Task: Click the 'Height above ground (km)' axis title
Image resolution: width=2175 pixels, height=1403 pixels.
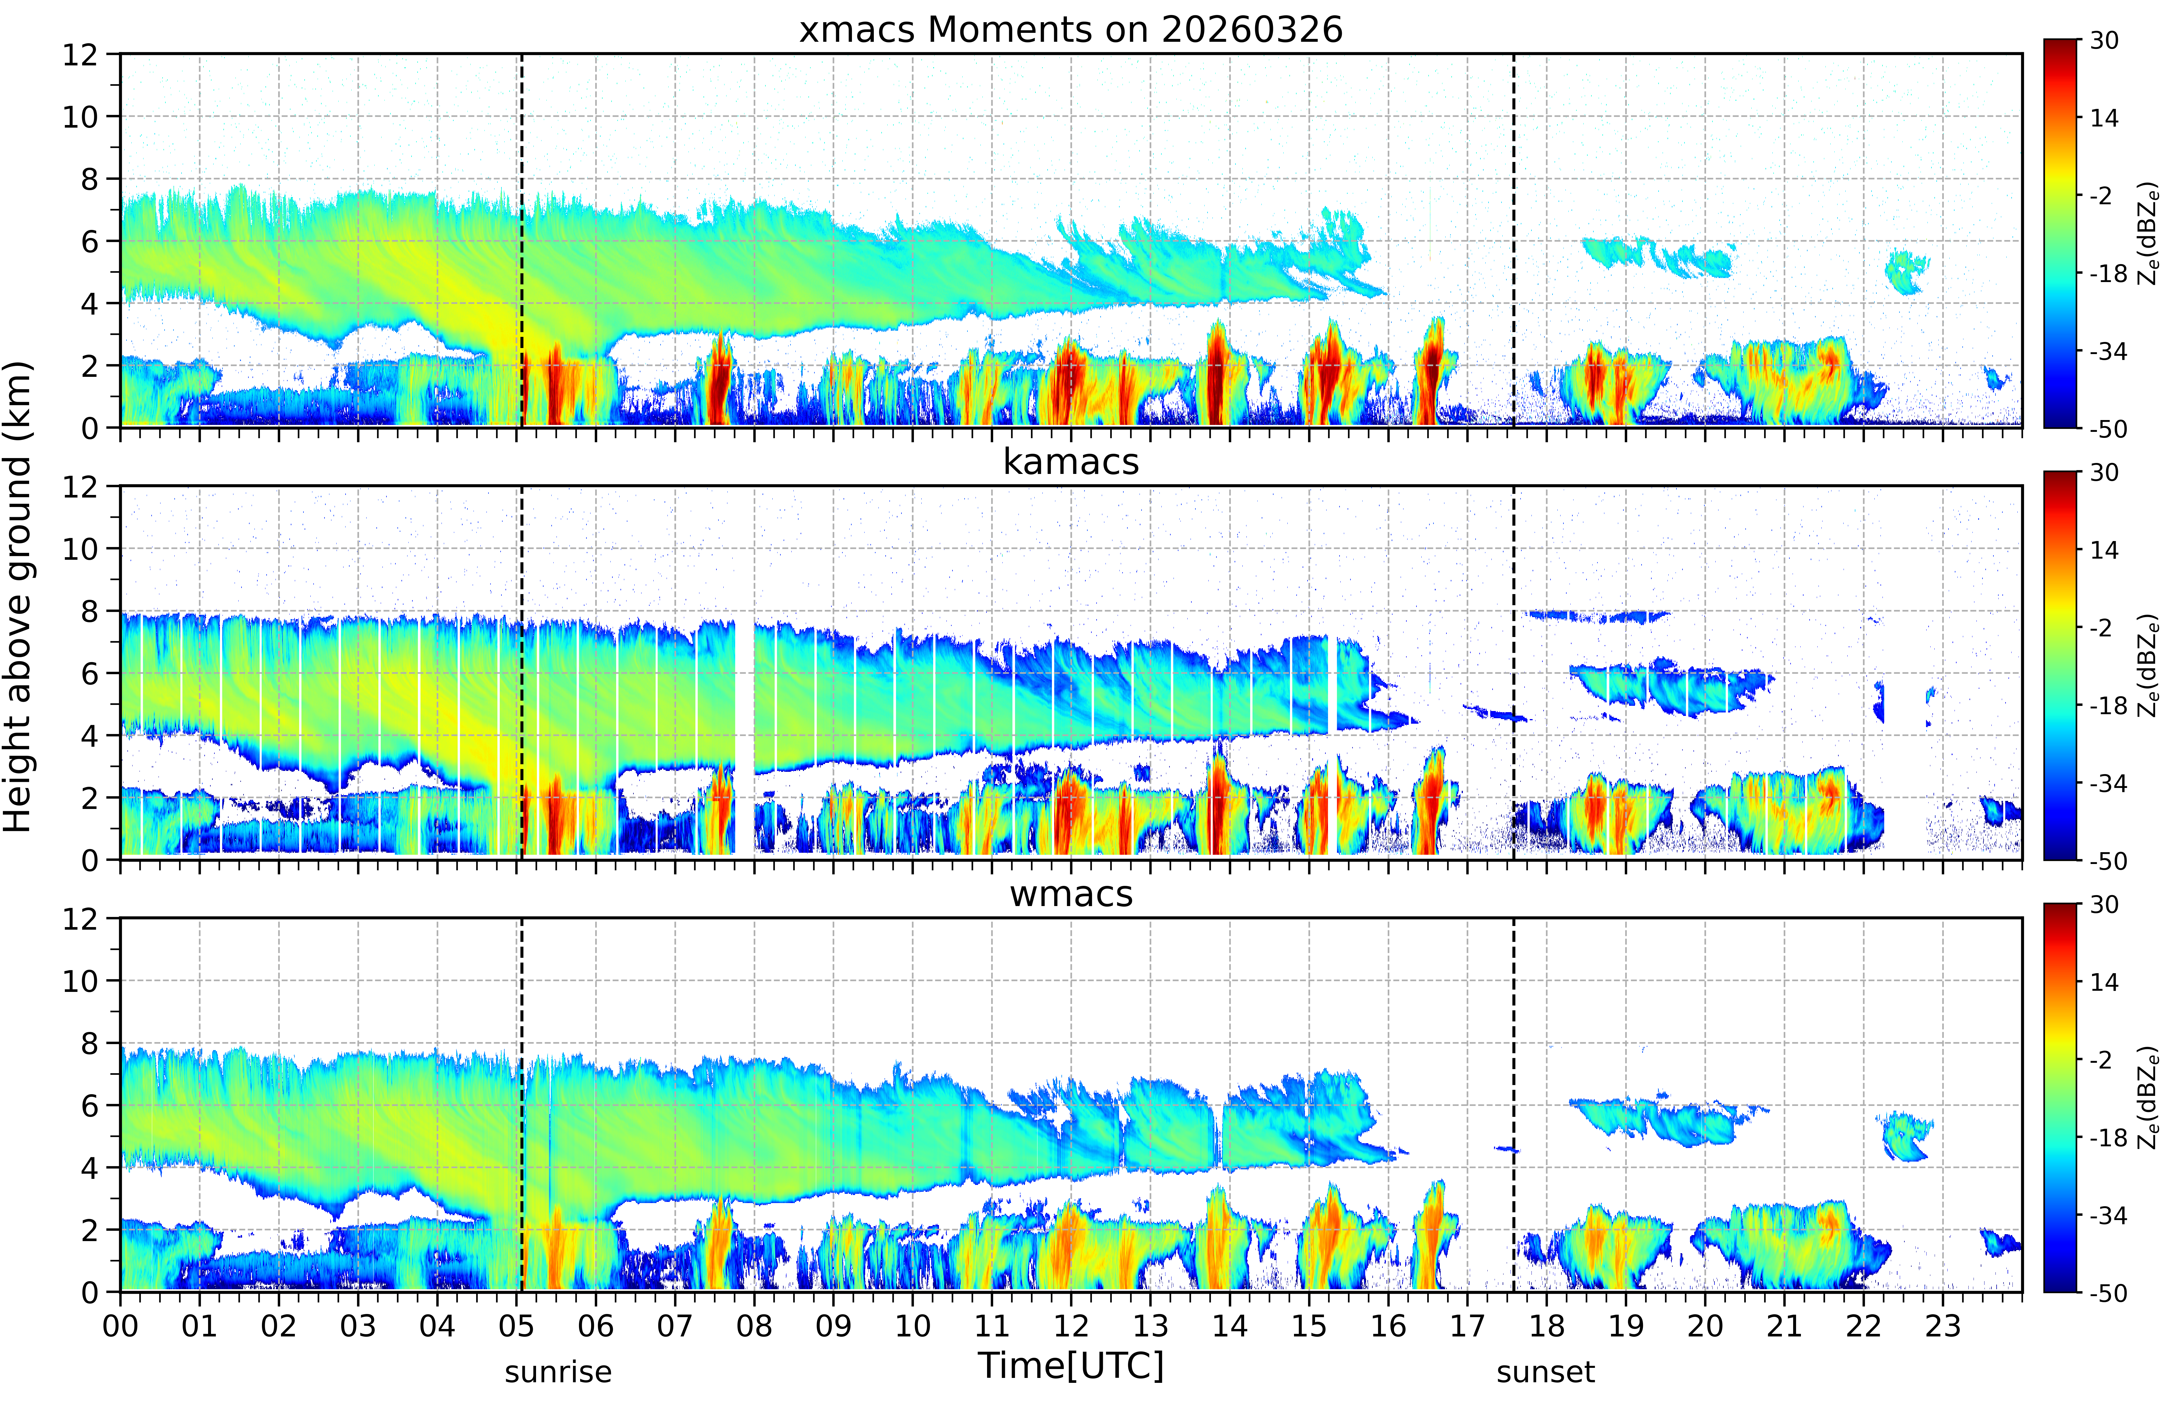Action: (18, 597)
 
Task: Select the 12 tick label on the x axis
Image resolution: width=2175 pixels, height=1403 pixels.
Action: (1071, 1326)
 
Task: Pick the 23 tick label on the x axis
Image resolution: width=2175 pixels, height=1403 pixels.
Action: (1943, 1326)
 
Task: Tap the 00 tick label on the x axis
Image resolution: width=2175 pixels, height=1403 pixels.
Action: (120, 1326)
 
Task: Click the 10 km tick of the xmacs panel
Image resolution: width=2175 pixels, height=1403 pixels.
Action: (80, 117)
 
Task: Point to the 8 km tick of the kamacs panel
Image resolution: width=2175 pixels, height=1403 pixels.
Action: (89, 611)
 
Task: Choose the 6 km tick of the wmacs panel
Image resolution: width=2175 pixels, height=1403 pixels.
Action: (89, 1106)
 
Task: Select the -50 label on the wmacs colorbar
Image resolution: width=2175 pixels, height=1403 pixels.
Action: (2108, 1293)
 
